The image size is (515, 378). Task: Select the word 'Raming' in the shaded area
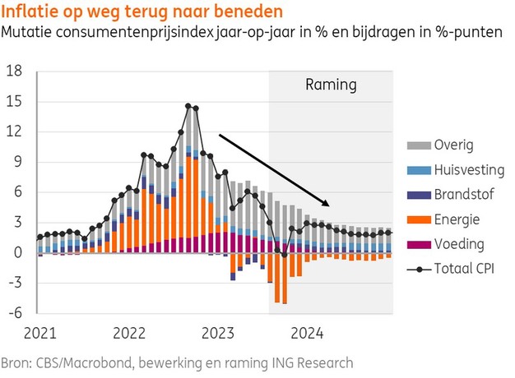tap(332, 84)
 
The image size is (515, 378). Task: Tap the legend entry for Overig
tap(454, 145)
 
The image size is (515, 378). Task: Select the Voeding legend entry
tap(457, 244)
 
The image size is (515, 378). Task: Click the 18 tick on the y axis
tap(16, 71)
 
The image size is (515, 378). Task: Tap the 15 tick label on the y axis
tap(16, 102)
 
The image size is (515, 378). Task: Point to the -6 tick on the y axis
tap(16, 314)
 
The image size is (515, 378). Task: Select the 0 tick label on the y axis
tap(19, 253)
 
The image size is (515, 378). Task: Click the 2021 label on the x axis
tap(40, 334)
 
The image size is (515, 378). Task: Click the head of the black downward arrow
tap(328, 205)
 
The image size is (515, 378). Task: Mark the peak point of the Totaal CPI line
tap(188, 106)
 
